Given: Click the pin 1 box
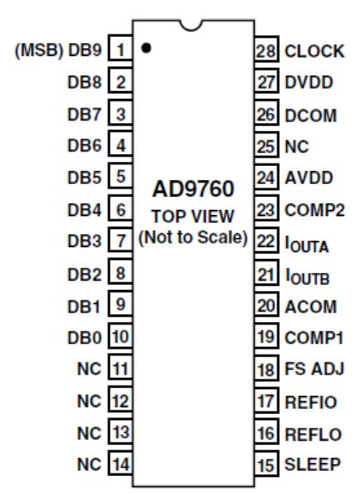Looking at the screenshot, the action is [x=120, y=48].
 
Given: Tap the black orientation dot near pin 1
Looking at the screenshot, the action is [x=146, y=48].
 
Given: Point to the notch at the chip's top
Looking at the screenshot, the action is [x=190, y=25].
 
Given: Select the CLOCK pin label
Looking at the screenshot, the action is [x=314, y=51].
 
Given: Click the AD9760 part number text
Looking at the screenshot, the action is [x=193, y=188].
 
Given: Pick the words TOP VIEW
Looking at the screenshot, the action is [x=193, y=216].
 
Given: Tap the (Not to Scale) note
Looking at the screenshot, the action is [x=193, y=238].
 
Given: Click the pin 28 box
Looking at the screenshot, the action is [x=267, y=49].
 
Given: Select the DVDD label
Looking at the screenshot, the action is [x=308, y=83].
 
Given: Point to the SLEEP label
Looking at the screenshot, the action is [x=313, y=464].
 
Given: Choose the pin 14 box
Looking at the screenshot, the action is [x=120, y=463].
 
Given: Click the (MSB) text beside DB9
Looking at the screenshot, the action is [x=39, y=51].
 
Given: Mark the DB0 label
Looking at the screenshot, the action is [x=84, y=338].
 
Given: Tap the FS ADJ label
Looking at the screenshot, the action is [x=314, y=369].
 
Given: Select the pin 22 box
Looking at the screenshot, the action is [x=267, y=240].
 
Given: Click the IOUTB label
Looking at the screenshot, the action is [x=307, y=276].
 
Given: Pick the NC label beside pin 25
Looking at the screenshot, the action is [x=296, y=146].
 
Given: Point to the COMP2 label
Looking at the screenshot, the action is [x=314, y=210].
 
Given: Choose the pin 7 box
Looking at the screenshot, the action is [x=120, y=239].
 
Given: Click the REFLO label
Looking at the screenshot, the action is [x=313, y=435].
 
